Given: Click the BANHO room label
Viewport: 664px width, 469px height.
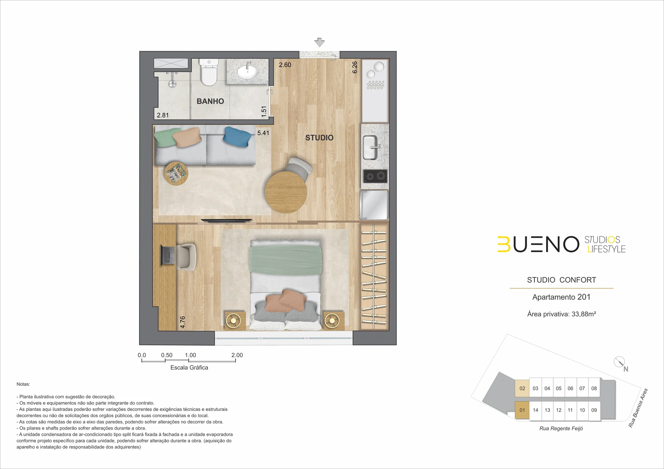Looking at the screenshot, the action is pyautogui.click(x=210, y=101).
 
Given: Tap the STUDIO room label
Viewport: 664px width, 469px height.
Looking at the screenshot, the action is pyautogui.click(x=319, y=138).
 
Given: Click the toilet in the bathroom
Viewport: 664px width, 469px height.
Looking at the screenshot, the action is pyautogui.click(x=209, y=72).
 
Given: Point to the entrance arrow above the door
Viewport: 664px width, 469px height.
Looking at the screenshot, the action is pyautogui.click(x=320, y=42).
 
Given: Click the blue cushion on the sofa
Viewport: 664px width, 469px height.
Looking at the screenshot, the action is pyautogui.click(x=238, y=137).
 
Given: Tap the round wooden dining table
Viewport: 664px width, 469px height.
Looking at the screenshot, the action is pyautogui.click(x=286, y=192).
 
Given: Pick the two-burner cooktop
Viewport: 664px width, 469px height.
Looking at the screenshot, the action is pyautogui.click(x=375, y=176).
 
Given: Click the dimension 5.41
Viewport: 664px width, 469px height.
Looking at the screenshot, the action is pyautogui.click(x=263, y=133).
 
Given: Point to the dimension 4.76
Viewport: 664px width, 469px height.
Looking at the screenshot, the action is pyautogui.click(x=183, y=322).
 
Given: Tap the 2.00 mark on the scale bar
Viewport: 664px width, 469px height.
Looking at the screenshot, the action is pyautogui.click(x=237, y=355).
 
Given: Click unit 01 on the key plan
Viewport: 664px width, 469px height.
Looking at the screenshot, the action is pyautogui.click(x=522, y=410).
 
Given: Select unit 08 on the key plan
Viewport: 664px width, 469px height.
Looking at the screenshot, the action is pyautogui.click(x=594, y=388).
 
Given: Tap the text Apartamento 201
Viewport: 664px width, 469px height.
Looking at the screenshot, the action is pyautogui.click(x=561, y=297).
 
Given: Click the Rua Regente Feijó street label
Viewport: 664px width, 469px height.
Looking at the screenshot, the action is pyautogui.click(x=561, y=429).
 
